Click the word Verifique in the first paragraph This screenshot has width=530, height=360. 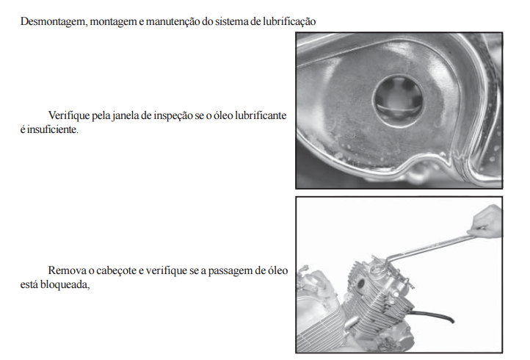tap(69, 115)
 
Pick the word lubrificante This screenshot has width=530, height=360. tap(261, 115)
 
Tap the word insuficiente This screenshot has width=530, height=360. tap(52, 129)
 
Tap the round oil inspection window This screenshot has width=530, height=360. tap(398, 100)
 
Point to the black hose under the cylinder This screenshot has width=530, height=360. tap(433, 315)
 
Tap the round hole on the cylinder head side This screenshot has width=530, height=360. tap(360, 284)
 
